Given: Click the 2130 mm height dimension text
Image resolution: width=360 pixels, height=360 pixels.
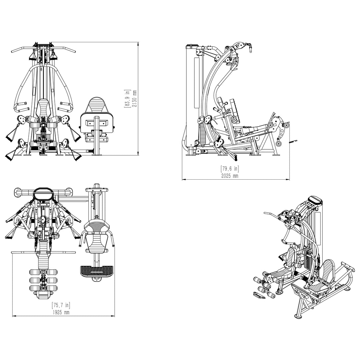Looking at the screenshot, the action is pos(135,98).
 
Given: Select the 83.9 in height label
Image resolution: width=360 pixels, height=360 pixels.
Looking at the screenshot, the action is pos(127,98).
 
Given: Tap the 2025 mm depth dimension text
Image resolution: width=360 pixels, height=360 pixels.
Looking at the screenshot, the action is pos(230,176).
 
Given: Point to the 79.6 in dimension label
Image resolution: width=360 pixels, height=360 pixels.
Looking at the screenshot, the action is pos(230,169).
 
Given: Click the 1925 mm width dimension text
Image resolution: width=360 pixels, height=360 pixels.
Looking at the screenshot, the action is pos(61,312).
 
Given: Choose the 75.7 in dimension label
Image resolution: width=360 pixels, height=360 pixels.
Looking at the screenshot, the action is pos(61,305).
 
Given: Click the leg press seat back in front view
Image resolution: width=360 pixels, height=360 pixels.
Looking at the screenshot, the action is pos(97,105).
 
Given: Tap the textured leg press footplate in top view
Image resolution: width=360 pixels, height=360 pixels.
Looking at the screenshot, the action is pos(97,270).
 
